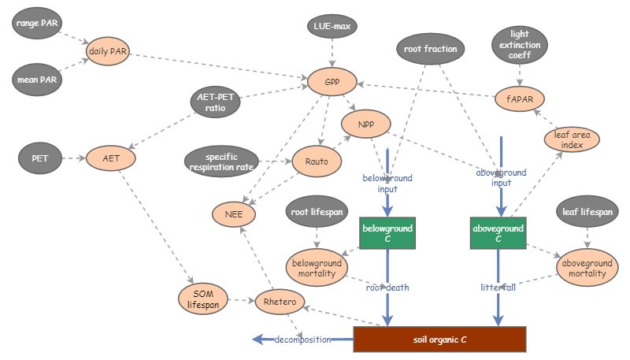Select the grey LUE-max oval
[332, 28]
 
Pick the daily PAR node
[109, 52]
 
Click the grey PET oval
[39, 158]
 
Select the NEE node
[233, 213]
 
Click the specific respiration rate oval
[222, 161]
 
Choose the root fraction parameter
[430, 49]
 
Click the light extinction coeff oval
[520, 46]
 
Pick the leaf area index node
[572, 139]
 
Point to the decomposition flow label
[302, 340]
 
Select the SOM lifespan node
[202, 299]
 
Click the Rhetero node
[278, 300]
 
